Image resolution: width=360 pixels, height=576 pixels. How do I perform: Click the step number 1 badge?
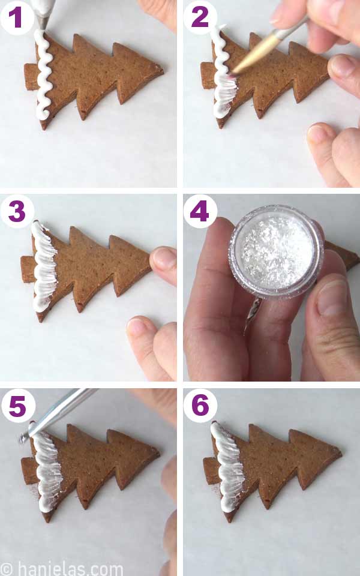[x=16, y=17]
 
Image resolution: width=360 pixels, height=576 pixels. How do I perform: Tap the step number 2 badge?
[x=199, y=17]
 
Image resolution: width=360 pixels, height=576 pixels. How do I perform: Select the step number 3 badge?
[x=16, y=211]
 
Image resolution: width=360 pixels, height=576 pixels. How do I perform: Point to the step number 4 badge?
[x=199, y=211]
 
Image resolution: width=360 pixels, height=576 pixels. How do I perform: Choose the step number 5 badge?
[x=16, y=406]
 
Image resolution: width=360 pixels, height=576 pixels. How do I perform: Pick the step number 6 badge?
[x=199, y=406]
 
